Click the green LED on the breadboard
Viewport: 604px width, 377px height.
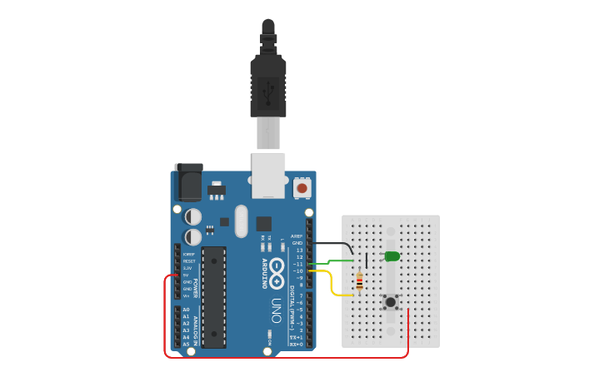(x=392, y=256)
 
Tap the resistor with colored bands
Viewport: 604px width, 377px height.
(x=359, y=283)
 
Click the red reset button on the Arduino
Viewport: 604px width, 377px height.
(x=302, y=189)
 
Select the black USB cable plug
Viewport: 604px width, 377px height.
(x=268, y=83)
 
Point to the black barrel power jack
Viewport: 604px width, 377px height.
(x=189, y=183)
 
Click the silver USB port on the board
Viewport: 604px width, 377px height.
(x=268, y=175)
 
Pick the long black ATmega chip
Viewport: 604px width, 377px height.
(x=213, y=297)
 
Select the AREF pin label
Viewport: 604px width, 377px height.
(x=297, y=236)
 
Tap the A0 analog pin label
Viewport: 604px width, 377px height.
(x=186, y=310)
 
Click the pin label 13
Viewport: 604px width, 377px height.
(x=299, y=250)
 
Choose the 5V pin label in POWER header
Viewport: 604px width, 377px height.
(x=187, y=275)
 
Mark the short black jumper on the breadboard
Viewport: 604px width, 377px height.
(x=367, y=260)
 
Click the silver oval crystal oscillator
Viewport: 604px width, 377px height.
(x=242, y=221)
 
